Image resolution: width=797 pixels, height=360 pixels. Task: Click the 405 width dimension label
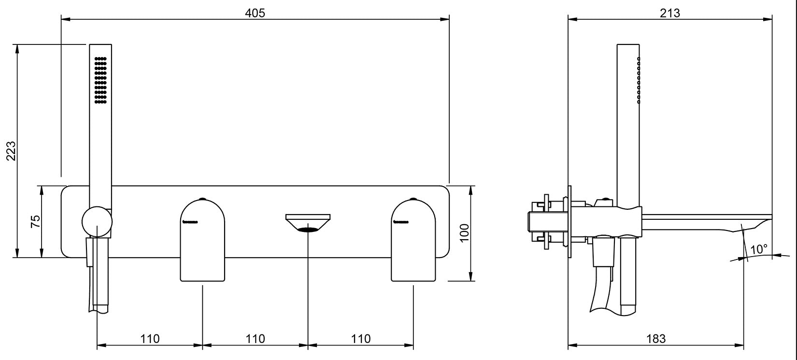[x=255, y=13]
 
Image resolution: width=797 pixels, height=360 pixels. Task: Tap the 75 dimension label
[x=35, y=222]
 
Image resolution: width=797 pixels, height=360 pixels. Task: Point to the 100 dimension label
[x=464, y=233]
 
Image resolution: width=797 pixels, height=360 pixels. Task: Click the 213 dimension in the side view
[x=669, y=13]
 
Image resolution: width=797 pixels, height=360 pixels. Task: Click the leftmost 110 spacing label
[x=150, y=338]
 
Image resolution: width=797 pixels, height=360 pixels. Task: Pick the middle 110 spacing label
[x=255, y=338]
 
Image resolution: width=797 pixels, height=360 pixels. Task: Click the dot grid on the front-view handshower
[x=100, y=80]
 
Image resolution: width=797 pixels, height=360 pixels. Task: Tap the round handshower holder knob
[x=97, y=222]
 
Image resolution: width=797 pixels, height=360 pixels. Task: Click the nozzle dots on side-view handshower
[x=639, y=80]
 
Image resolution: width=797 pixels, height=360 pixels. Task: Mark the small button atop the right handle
[x=413, y=199]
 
